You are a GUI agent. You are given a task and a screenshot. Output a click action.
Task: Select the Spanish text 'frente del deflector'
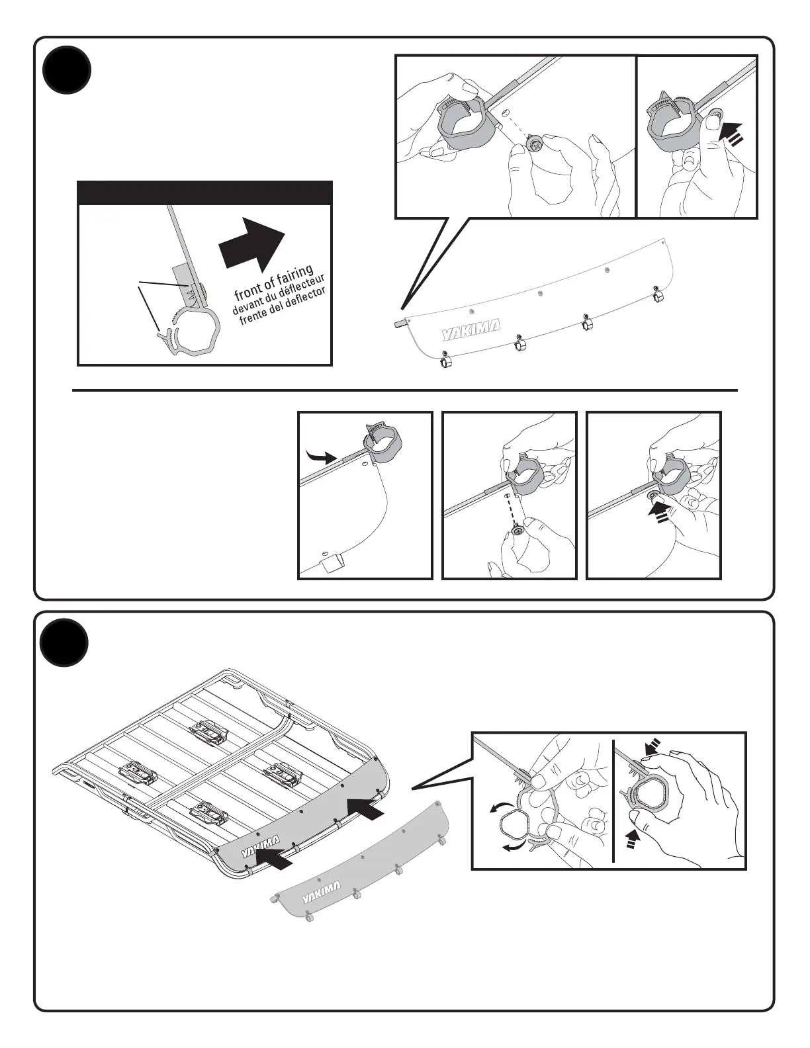pos(283,306)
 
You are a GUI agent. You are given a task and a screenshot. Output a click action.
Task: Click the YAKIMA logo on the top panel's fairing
pos(471,329)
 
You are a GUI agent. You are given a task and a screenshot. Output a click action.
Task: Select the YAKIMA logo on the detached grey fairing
pos(322,892)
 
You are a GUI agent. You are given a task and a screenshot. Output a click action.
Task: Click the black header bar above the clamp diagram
pos(204,193)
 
